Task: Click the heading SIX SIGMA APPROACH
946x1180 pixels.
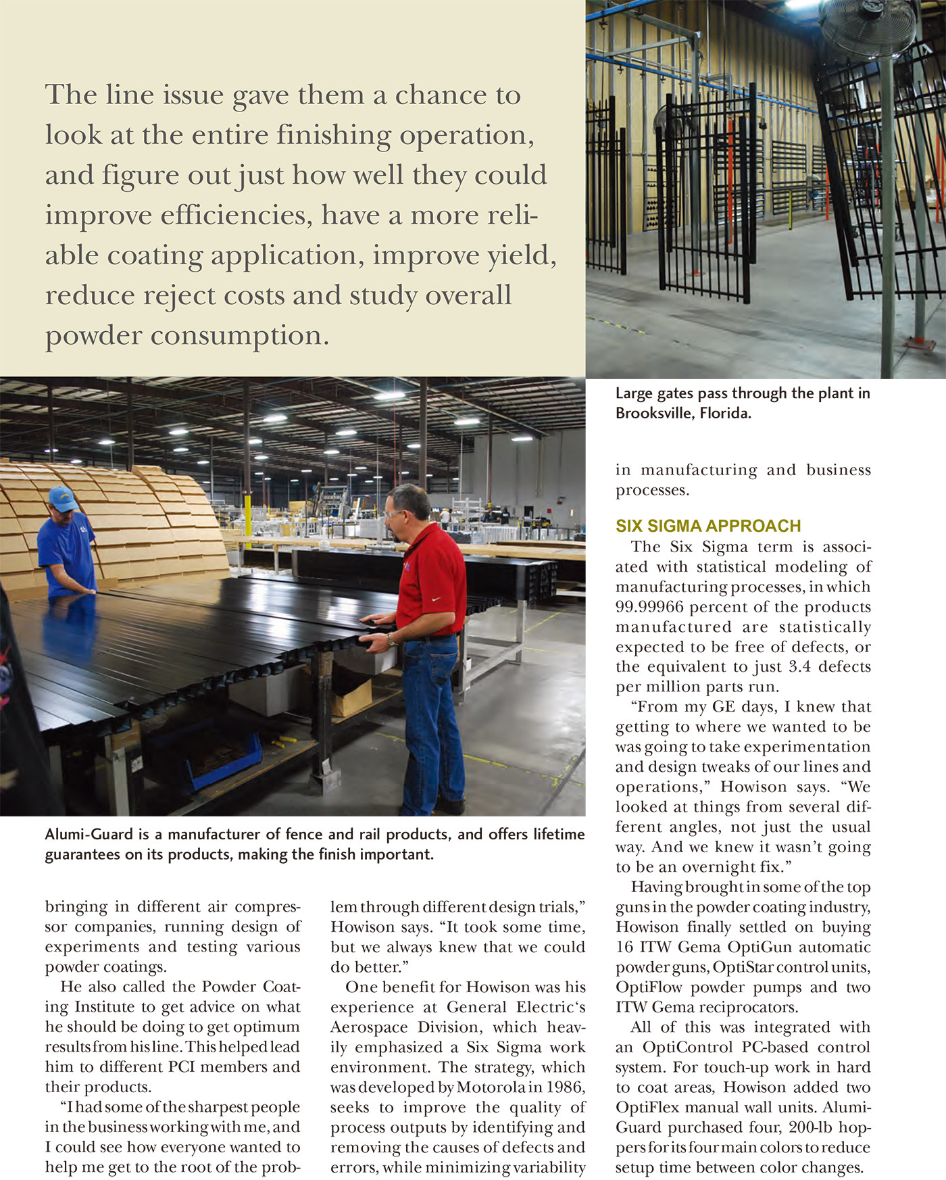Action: [707, 526]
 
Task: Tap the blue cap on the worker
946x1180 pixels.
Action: [62, 499]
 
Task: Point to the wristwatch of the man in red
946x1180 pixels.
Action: [393, 639]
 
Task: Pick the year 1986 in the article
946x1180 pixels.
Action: [566, 1087]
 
